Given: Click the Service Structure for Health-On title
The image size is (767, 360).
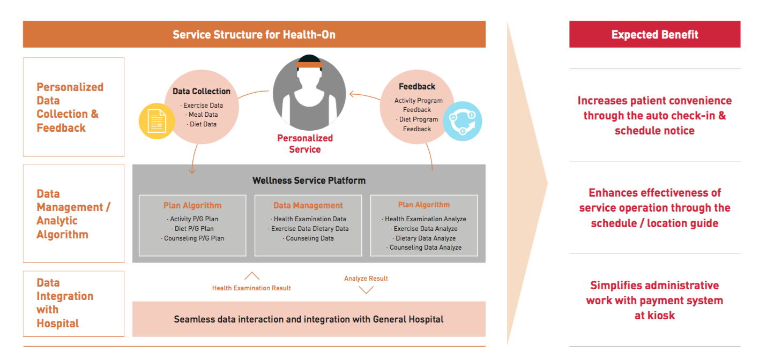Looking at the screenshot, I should pyautogui.click(x=254, y=35).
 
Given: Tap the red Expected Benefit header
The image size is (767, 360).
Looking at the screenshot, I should pyautogui.click(x=654, y=35).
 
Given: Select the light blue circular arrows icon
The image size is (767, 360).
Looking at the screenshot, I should pyautogui.click(x=463, y=122).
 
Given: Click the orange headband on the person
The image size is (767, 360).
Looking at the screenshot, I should pyautogui.click(x=309, y=65).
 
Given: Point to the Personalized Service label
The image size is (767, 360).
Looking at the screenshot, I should pyautogui.click(x=305, y=144).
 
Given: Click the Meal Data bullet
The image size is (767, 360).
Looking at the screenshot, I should pyautogui.click(x=203, y=115).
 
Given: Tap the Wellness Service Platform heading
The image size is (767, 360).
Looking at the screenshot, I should pyautogui.click(x=309, y=181).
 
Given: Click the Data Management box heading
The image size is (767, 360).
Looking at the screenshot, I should pyautogui.click(x=308, y=205).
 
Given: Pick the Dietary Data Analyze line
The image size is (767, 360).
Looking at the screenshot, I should pyautogui.click(x=425, y=238).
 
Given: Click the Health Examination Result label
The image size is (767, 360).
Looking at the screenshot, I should pyautogui.click(x=251, y=288).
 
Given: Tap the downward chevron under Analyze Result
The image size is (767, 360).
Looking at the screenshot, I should pyautogui.click(x=366, y=290).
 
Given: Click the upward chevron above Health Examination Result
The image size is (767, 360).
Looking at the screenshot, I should pyautogui.click(x=251, y=276).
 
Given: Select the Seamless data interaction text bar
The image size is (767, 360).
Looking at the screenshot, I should pyautogui.click(x=309, y=319).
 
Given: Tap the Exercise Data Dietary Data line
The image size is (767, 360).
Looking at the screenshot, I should pyautogui.click(x=309, y=229).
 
